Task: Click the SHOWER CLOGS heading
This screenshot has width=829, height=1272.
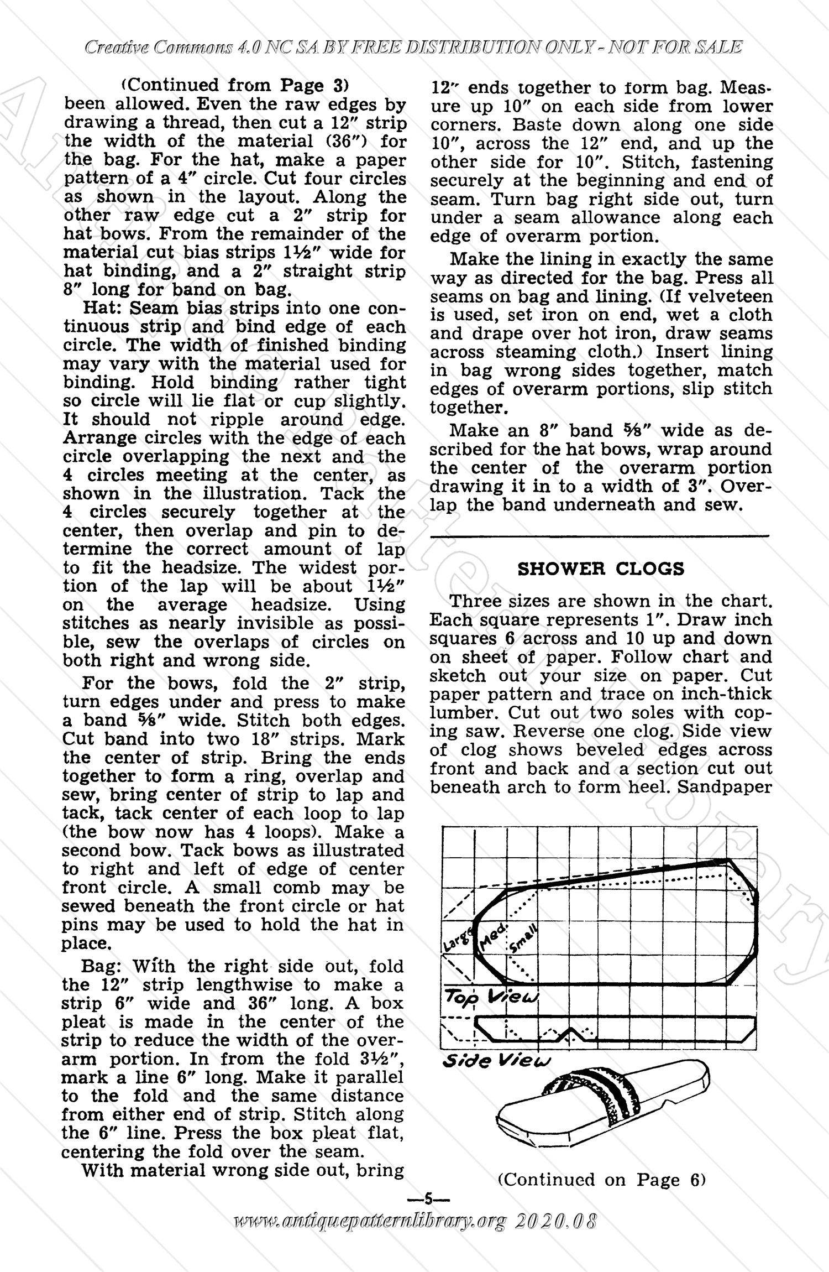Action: point(601,569)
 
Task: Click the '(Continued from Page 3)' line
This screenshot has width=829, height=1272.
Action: point(235,85)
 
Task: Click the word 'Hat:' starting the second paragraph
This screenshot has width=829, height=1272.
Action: point(102,308)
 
